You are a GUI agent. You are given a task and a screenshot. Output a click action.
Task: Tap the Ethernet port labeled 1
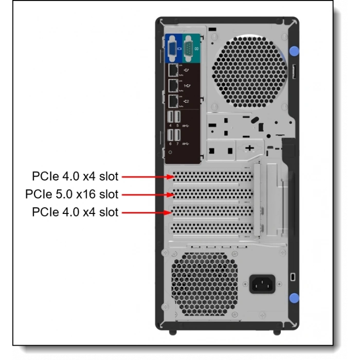point(173,85)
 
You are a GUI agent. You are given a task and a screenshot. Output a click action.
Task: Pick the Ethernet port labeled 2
point(173,101)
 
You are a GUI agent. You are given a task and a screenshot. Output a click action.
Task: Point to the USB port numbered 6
point(171,135)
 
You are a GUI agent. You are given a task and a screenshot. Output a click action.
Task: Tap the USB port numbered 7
point(178,135)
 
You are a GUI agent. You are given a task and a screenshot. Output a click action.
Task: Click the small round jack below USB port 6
point(171,152)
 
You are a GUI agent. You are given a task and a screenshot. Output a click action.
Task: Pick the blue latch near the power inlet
point(294,297)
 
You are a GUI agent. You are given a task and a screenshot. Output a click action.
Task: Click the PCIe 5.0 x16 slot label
point(71,194)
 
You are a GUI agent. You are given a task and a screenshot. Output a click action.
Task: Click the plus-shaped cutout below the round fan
point(249,148)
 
